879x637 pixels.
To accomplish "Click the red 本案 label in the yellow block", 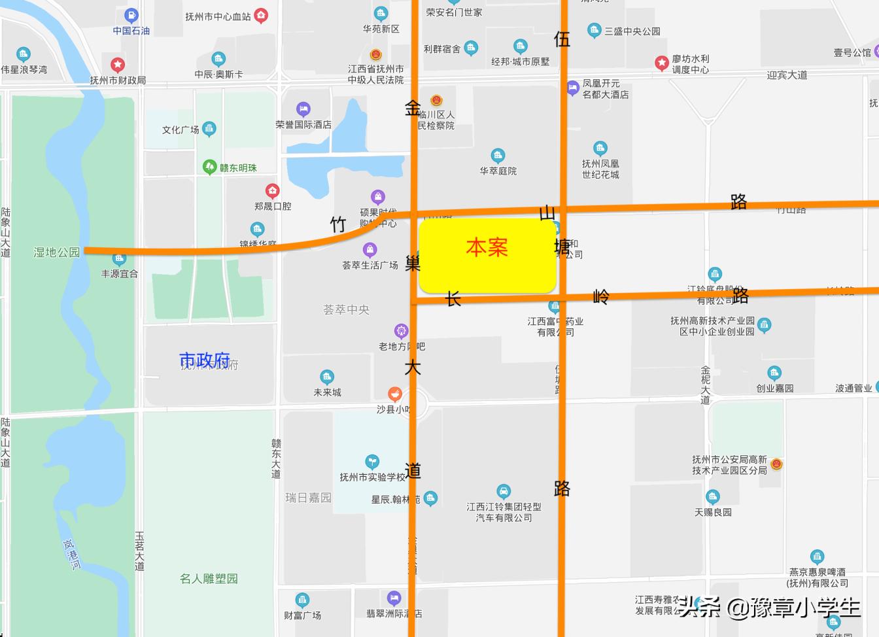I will pyautogui.click(x=487, y=247).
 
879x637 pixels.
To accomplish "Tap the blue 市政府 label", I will pyautogui.click(x=204, y=360).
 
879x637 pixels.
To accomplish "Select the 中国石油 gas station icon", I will pyautogui.click(x=131, y=16).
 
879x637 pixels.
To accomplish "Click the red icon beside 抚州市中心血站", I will pyautogui.click(x=261, y=16).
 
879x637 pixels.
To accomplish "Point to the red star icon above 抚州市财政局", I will pyautogui.click(x=118, y=64).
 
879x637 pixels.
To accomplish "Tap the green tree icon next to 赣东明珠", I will pyautogui.click(x=209, y=167).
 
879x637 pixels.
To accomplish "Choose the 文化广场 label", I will pyautogui.click(x=181, y=130).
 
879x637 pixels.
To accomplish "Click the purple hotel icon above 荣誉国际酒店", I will pyautogui.click(x=303, y=109).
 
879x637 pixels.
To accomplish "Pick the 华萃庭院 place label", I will pyautogui.click(x=498, y=171).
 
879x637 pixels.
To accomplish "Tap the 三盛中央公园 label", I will pyautogui.click(x=632, y=31).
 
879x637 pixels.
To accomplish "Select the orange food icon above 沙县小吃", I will pyautogui.click(x=394, y=394).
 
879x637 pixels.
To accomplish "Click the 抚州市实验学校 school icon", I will pyautogui.click(x=372, y=462).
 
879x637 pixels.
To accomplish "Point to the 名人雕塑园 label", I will pyautogui.click(x=209, y=579).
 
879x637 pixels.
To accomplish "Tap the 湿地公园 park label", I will pyautogui.click(x=57, y=252).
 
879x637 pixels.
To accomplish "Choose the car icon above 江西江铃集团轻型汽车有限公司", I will pyautogui.click(x=503, y=491).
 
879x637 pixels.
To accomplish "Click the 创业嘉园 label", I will pyautogui.click(x=774, y=388).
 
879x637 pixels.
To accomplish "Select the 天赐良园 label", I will pyautogui.click(x=713, y=512).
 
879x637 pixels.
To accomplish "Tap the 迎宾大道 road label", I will pyautogui.click(x=787, y=75).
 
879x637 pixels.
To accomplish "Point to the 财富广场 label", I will pyautogui.click(x=302, y=615).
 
